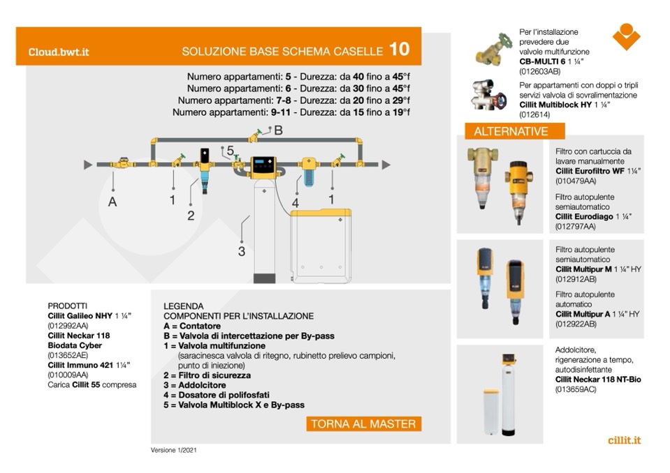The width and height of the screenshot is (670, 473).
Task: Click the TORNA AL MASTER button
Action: coord(363,423)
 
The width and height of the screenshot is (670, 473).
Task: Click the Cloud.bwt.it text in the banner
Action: coord(59,52)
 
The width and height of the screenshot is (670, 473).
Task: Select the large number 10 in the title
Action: coord(399,50)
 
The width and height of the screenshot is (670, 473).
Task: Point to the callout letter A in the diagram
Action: coord(112,202)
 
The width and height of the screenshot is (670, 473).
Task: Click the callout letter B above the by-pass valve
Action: coord(278,130)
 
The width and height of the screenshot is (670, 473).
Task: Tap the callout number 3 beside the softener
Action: coord(241,251)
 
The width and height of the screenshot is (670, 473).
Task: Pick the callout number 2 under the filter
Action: coord(190,216)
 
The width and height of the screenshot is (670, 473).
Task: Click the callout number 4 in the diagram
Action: coord(295,203)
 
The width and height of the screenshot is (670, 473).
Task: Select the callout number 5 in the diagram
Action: coord(230,150)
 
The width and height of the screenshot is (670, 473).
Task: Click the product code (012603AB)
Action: coord(539,71)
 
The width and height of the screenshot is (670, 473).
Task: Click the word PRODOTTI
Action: coord(68,306)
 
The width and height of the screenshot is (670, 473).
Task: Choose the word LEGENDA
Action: coord(183,306)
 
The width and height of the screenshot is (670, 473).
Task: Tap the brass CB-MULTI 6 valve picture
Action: coord(495,50)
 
